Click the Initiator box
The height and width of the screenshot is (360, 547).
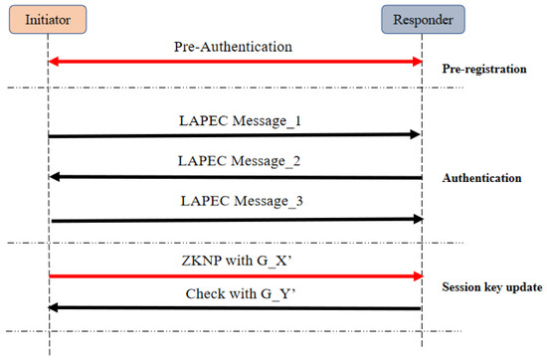click(x=49, y=20)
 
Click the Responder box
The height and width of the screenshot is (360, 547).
click(x=422, y=20)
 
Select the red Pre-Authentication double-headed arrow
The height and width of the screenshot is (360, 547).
click(x=236, y=63)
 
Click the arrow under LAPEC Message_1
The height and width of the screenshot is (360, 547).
click(x=236, y=134)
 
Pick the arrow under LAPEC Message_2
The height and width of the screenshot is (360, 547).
click(x=236, y=177)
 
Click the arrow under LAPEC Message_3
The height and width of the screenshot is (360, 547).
click(x=236, y=219)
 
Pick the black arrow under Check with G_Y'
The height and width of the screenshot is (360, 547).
click(x=236, y=308)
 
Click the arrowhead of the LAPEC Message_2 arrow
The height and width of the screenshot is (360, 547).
click(x=56, y=177)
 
